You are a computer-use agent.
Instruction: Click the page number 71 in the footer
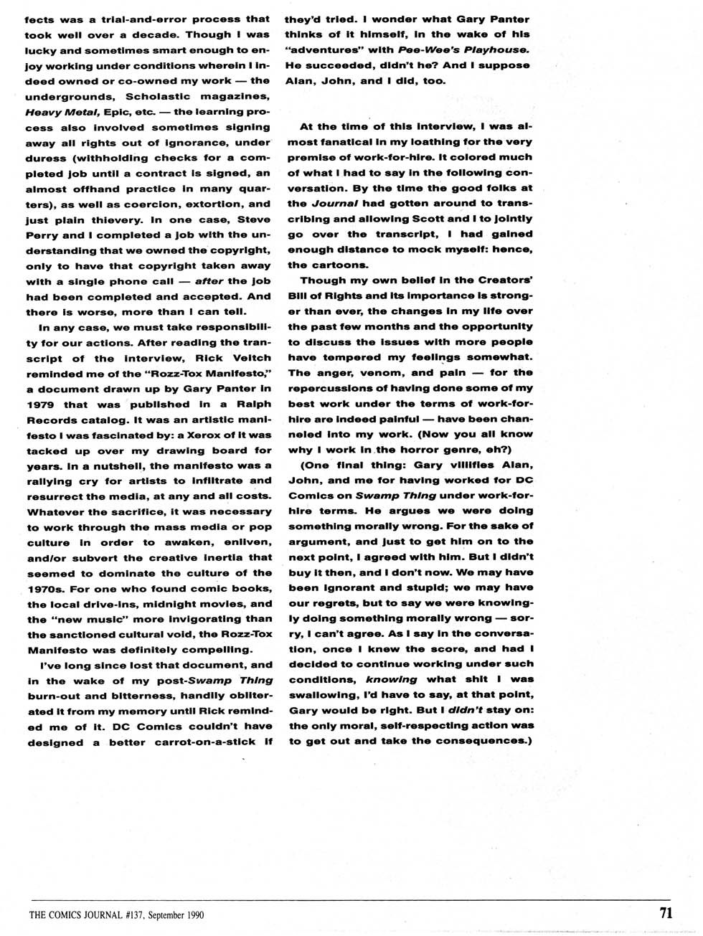coord(665,913)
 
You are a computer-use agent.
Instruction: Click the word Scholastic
coord(158,96)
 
